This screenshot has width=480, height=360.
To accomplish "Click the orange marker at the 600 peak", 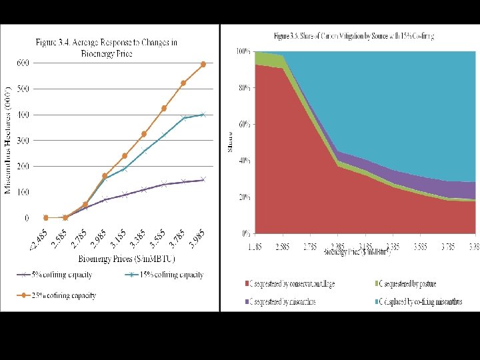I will (203, 64).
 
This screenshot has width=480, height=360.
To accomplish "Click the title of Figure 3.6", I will (354, 35).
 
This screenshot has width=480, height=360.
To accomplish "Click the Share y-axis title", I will (229, 142).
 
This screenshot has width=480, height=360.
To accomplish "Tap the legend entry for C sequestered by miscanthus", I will (287, 302).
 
